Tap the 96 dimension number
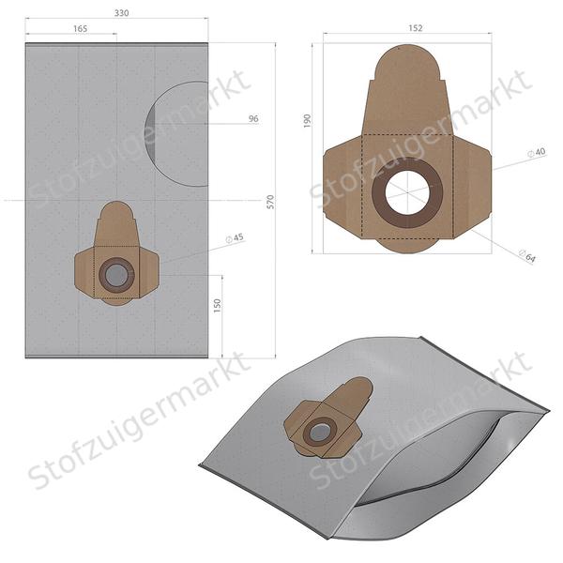pos(252,119)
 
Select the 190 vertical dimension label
pos(308,122)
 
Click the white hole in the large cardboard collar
pos(406,193)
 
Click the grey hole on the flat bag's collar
pos(115,275)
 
